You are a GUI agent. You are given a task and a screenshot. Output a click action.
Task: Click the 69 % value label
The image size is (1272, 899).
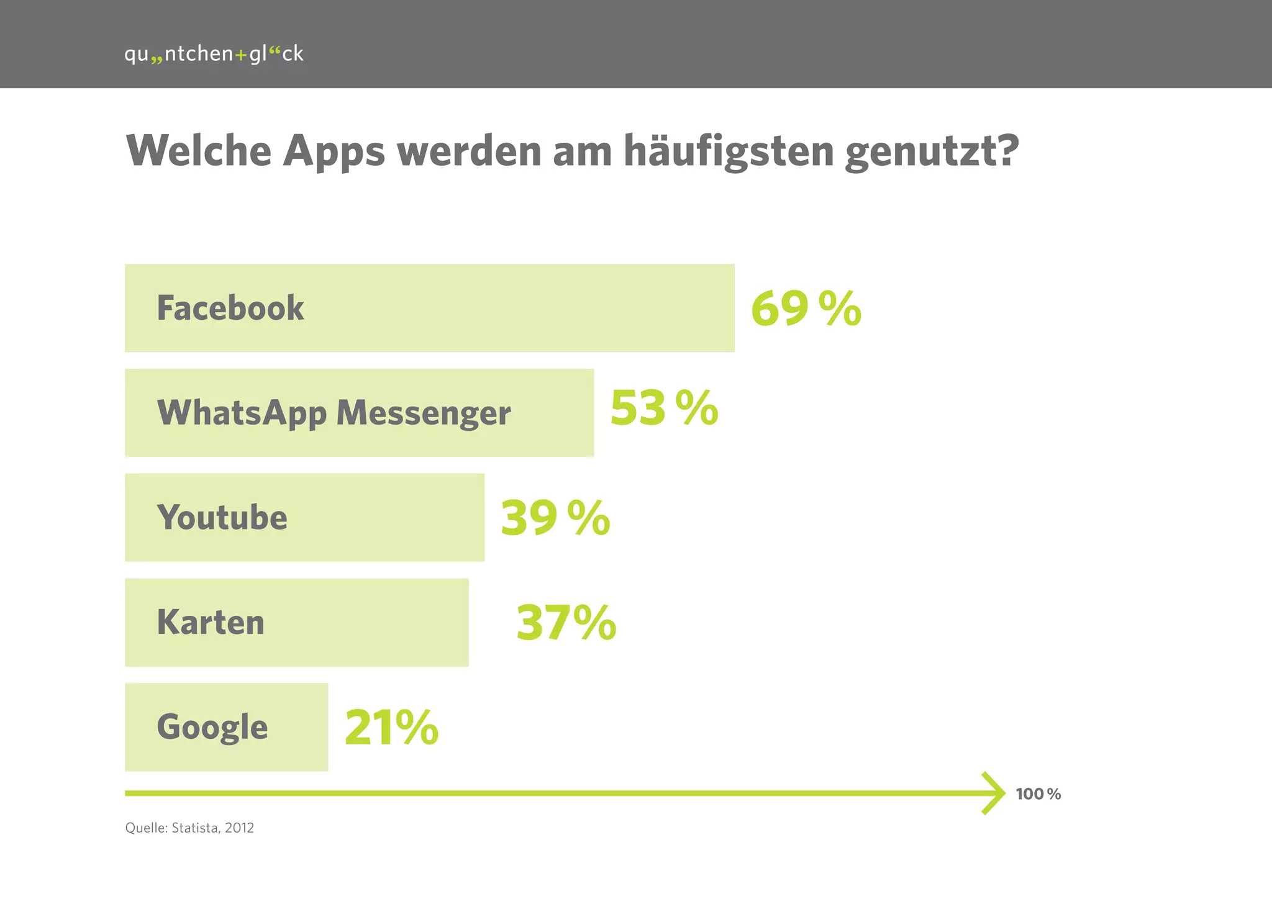pos(806,309)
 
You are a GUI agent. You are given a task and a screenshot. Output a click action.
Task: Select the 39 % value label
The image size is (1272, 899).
pos(555,518)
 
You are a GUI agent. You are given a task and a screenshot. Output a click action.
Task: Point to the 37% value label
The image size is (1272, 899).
pos(566,623)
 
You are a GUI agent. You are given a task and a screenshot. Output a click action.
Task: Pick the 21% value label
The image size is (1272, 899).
pos(391,728)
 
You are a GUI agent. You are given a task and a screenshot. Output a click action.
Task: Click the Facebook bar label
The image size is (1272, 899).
pos(230,308)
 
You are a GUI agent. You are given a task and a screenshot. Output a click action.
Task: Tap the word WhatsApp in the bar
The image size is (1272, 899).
pos(242,413)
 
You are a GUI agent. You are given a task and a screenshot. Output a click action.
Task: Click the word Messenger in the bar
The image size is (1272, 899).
pos(424,413)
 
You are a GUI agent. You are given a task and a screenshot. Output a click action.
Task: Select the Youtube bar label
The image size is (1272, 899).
pos(222,518)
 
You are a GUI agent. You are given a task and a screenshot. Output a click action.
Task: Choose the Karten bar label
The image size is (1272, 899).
pos(211,622)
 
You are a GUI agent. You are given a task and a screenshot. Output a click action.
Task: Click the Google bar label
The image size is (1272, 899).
pos(212,727)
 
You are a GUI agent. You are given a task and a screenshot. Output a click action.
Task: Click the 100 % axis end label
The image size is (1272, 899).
pos(1038,794)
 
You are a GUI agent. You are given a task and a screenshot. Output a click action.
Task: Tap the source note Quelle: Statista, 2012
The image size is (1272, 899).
pos(189,828)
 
